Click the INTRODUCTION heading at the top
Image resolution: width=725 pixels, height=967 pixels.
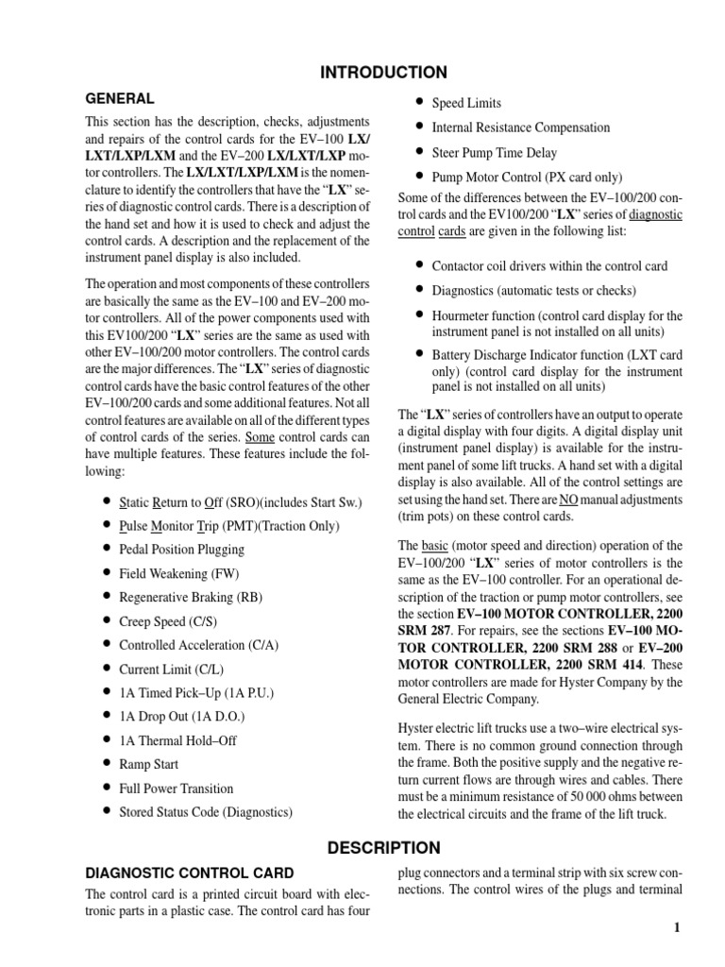pyautogui.click(x=383, y=73)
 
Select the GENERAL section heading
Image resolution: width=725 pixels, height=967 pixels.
pyautogui.click(x=120, y=98)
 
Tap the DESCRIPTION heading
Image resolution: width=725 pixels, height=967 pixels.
pyautogui.click(x=383, y=847)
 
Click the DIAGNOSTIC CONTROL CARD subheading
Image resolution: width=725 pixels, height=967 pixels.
pyautogui.click(x=190, y=873)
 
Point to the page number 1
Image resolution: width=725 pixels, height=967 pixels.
pyautogui.click(x=677, y=928)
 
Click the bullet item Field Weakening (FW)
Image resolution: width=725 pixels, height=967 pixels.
pyautogui.click(x=172, y=572)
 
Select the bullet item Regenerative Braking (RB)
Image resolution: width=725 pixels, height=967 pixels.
pyautogui.click(x=184, y=596)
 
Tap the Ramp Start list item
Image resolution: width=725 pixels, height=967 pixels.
pyautogui.click(x=148, y=763)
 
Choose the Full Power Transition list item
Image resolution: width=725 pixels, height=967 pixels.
pyautogui.click(x=176, y=788)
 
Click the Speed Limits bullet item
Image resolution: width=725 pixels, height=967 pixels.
pyautogui.click(x=466, y=103)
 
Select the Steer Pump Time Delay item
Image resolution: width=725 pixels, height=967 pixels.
pyautogui.click(x=494, y=152)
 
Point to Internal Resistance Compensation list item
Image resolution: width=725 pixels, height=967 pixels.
pyautogui.click(x=520, y=127)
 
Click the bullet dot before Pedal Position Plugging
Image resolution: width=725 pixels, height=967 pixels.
pyautogui.click(x=108, y=549)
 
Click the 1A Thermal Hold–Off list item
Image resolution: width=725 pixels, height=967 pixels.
pyautogui.click(x=176, y=739)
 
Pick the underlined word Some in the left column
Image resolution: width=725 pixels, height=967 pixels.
pyautogui.click(x=261, y=437)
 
